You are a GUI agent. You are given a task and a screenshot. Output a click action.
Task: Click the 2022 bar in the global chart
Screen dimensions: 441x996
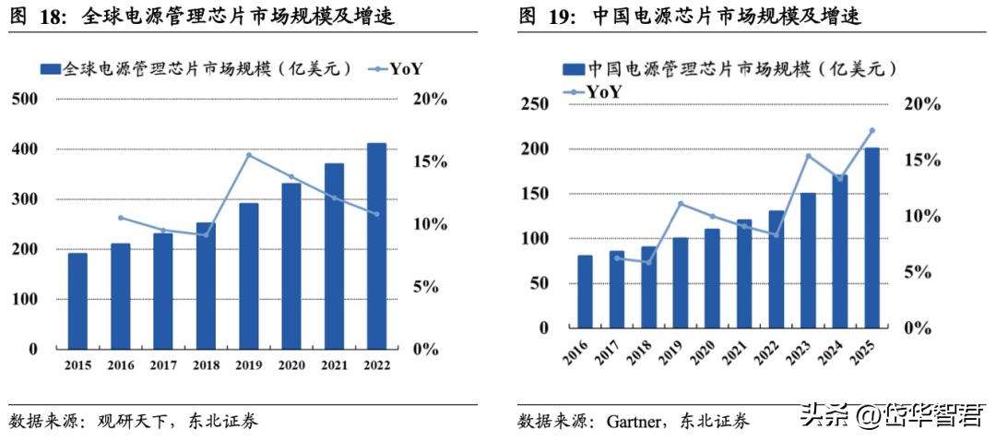click(x=376, y=246)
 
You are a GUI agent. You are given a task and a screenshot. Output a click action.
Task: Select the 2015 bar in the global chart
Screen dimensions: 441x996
click(x=77, y=301)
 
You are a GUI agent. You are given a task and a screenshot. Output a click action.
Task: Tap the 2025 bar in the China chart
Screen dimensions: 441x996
click(x=871, y=238)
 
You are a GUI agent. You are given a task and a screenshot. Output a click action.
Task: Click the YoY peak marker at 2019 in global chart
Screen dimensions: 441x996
click(x=249, y=155)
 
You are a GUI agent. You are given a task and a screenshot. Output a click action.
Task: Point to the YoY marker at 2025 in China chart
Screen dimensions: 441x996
click(x=871, y=131)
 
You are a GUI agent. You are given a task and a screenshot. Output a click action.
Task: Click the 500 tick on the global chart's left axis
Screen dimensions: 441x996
click(x=24, y=99)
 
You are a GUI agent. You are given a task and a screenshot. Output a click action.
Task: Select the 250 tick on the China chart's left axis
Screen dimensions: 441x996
click(x=535, y=104)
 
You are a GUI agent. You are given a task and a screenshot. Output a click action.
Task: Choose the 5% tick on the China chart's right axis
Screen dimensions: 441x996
click(x=922, y=272)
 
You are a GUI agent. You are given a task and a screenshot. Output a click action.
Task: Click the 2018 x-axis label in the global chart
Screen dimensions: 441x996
click(x=206, y=365)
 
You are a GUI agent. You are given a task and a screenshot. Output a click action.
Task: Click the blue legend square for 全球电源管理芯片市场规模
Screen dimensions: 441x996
click(x=51, y=69)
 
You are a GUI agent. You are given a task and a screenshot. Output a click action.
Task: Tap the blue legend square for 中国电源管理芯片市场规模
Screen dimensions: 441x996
click(x=572, y=69)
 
